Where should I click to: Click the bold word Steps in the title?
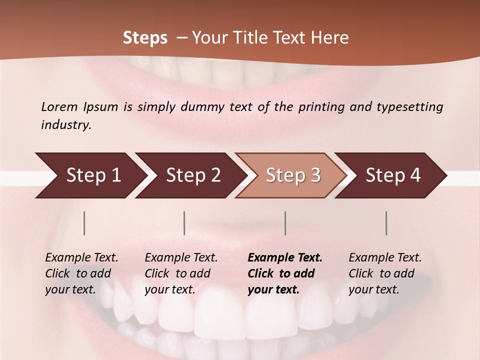145,37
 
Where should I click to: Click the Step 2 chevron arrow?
193,175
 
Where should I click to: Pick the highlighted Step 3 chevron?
293,175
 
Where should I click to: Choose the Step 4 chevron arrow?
393,175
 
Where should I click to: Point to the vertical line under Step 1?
84,223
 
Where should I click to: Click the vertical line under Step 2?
184,223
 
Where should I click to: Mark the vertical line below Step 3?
285,223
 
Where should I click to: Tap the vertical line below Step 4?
386,223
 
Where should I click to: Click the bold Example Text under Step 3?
285,257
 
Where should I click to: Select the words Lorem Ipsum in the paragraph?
79,106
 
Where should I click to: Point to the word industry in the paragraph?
65,124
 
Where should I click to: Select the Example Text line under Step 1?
81,257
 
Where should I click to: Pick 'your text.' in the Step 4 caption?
373,289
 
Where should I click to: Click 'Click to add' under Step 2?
177,273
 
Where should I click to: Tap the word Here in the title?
329,37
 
